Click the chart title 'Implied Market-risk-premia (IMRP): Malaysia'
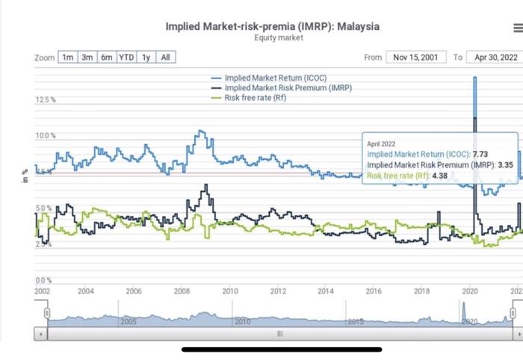(273, 26)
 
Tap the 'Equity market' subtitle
(273, 37)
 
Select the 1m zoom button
(67, 58)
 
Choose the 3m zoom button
(87, 58)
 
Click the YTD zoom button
(126, 58)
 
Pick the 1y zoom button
(146, 58)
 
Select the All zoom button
(165, 58)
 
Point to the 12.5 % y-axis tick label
(45, 99)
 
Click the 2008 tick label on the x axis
(182, 291)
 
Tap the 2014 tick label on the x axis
(326, 291)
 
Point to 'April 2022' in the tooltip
(381, 143)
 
